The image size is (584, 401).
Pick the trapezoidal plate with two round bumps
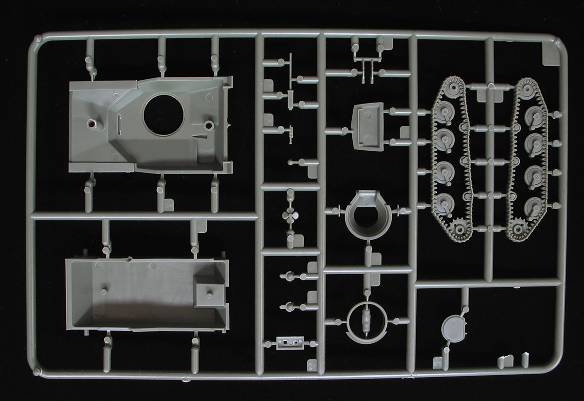(x=365, y=125)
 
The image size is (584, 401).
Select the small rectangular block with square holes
(x=290, y=343)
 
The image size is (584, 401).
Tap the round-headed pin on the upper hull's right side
(x=209, y=124)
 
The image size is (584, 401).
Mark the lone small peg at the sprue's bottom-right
(x=525, y=359)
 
